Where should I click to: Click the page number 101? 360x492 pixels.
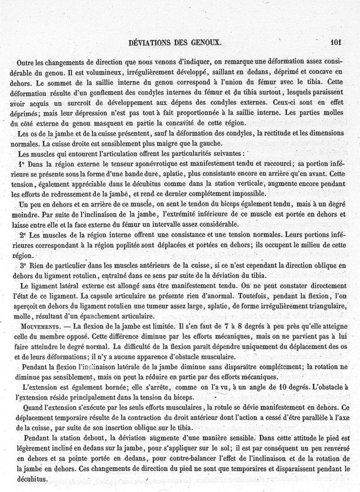tap(336, 43)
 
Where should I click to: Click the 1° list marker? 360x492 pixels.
tap(22, 164)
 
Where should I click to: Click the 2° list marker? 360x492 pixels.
tap(22, 235)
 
